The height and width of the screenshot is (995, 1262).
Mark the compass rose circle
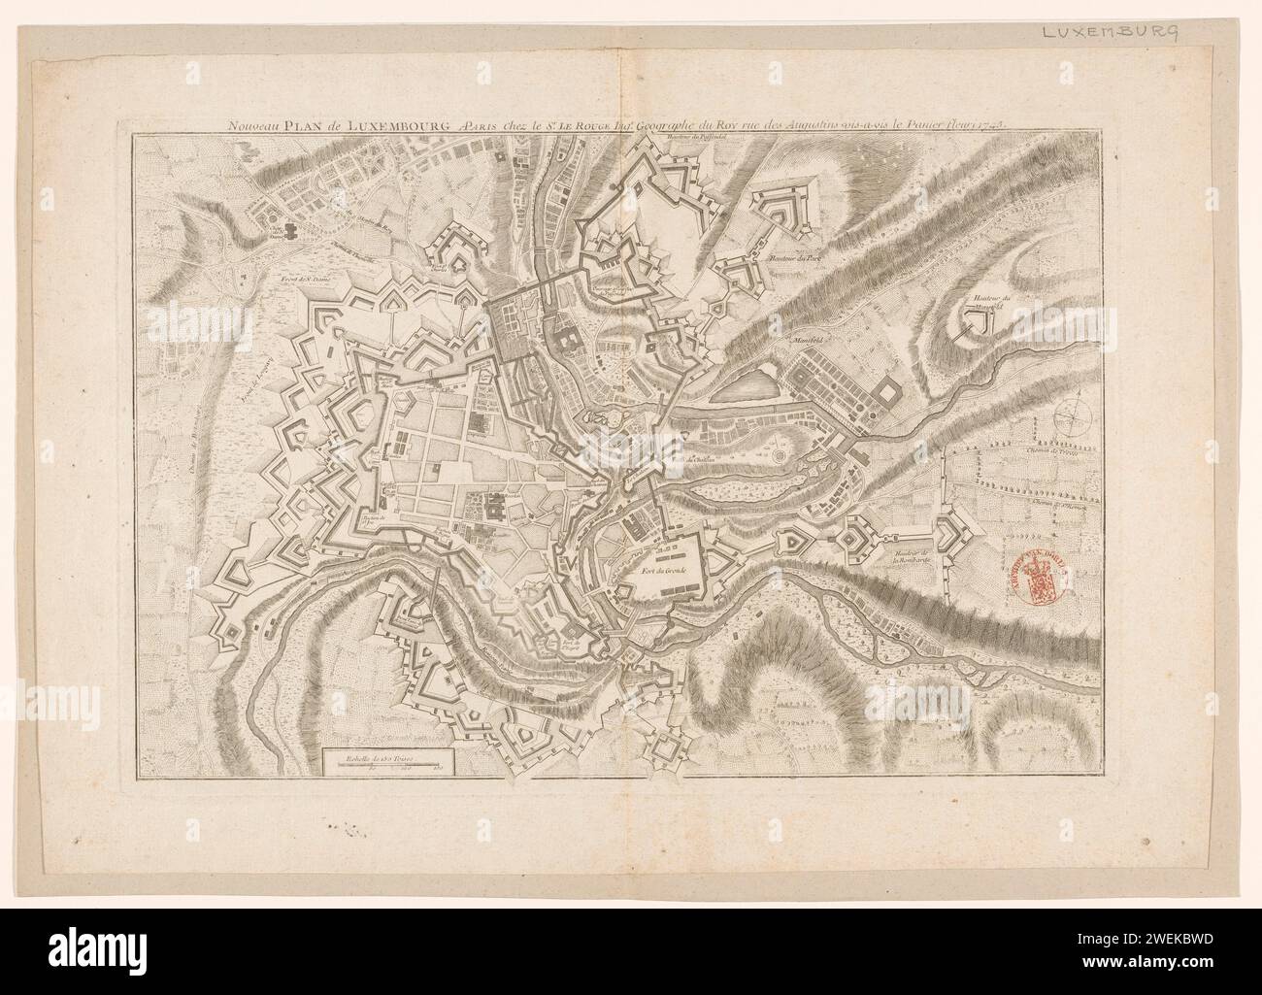(1066, 417)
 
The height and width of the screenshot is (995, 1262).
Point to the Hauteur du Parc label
(792, 259)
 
